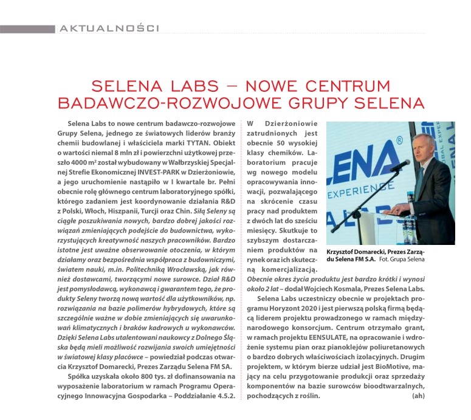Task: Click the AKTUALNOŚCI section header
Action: pos(109,28)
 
